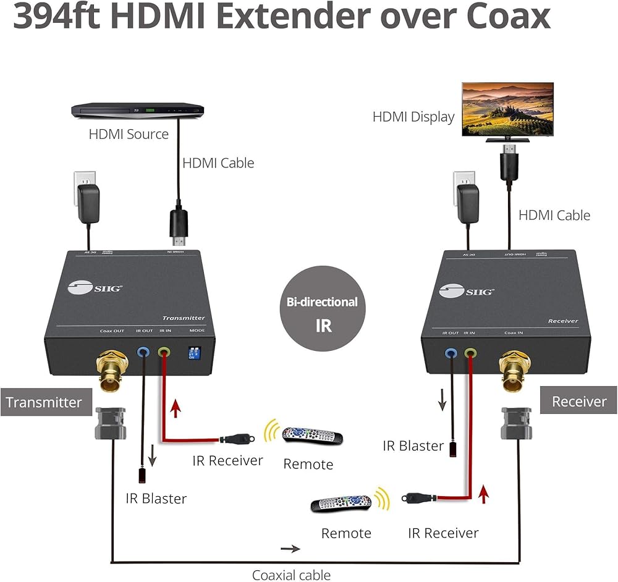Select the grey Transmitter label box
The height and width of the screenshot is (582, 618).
click(44, 402)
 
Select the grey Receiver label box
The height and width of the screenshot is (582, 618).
click(578, 402)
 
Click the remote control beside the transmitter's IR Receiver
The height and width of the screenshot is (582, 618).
click(312, 436)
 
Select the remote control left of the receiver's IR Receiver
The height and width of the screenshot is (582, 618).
click(341, 504)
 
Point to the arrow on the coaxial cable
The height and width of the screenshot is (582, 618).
click(290, 549)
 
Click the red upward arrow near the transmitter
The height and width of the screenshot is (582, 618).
click(176, 408)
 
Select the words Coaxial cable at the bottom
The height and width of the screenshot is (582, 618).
click(291, 575)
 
